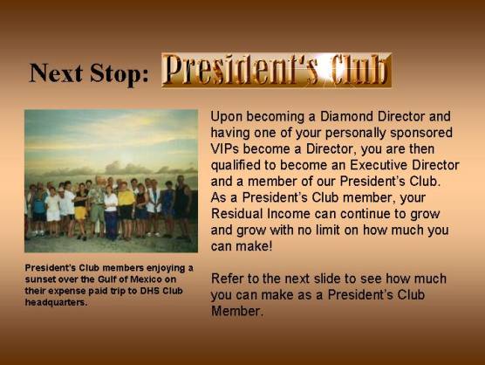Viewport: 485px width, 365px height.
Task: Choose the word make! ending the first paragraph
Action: pyautogui.click(x=254, y=246)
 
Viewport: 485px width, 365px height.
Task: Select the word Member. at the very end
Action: pyautogui.click(x=237, y=311)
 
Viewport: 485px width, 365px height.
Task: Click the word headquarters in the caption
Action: pyautogui.click(x=56, y=302)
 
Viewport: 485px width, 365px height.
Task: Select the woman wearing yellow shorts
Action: pyautogui.click(x=81, y=211)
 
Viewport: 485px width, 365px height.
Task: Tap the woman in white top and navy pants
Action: pyautogui.click(x=111, y=213)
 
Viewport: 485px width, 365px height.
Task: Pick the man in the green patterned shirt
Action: pyautogui.click(x=98, y=206)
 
